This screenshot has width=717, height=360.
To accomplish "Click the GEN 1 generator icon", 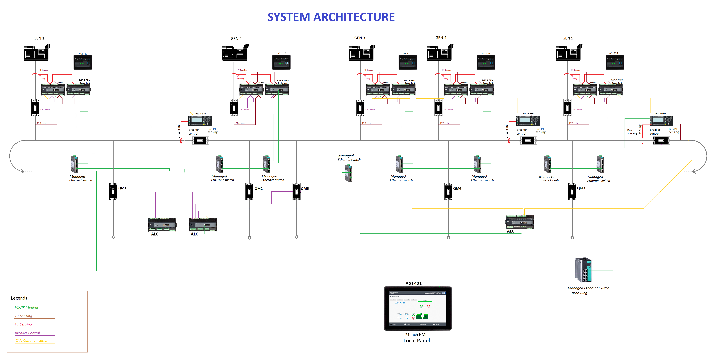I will pyautogui.click(x=36, y=53).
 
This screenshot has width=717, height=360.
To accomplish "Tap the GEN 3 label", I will pyautogui.click(x=359, y=38).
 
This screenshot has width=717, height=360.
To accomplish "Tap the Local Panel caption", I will pyautogui.click(x=416, y=341).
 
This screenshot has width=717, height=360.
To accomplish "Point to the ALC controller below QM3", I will pyautogui.click(x=519, y=222).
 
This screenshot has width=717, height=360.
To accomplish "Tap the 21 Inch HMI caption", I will pyautogui.click(x=416, y=335).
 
